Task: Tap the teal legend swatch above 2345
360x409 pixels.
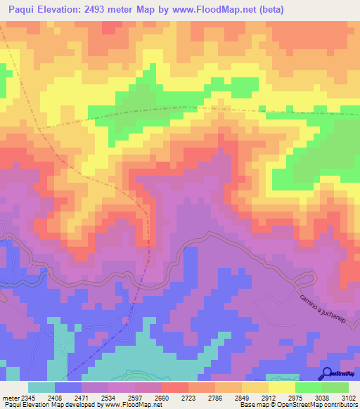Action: (x=41, y=387)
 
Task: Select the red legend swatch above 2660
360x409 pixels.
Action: (x=175, y=387)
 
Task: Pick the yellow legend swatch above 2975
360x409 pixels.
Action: (x=281, y=387)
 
